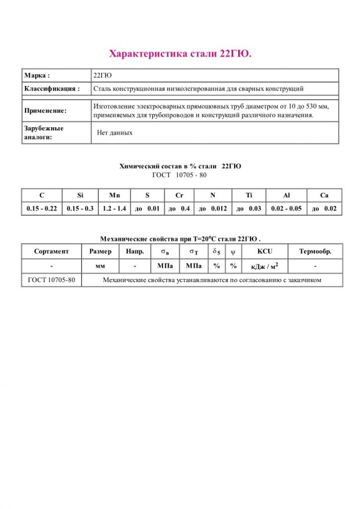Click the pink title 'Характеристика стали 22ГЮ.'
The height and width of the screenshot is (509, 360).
pos(180,53)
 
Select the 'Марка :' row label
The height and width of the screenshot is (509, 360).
pos(37,76)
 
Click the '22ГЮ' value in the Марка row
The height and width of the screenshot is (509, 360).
pos(102,76)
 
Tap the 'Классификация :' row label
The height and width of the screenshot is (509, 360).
pos(52,89)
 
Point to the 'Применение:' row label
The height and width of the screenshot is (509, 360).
pos(45,111)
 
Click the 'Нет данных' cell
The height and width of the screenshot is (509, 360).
pos(115,133)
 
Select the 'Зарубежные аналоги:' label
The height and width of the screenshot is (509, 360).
pos(44,133)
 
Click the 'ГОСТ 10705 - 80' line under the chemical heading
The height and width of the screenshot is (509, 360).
pos(180,175)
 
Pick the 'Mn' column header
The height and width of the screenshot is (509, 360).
pos(114,195)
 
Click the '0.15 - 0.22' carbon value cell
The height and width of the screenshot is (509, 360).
pos(41,209)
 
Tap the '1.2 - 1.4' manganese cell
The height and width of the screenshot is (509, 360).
pos(114,209)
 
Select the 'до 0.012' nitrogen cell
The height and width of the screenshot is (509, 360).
pos(213,209)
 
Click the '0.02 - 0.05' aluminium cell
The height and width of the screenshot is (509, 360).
pos(286,209)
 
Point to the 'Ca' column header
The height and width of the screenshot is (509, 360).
pos(324,195)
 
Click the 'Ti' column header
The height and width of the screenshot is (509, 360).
pos(249,195)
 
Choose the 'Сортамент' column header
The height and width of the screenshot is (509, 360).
pos(51,252)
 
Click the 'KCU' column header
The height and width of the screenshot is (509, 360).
pos(265,252)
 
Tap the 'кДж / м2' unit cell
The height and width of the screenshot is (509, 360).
pos(265,266)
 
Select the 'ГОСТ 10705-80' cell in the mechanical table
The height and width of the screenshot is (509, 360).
pos(51,280)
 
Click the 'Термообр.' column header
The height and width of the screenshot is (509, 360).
pos(315,252)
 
